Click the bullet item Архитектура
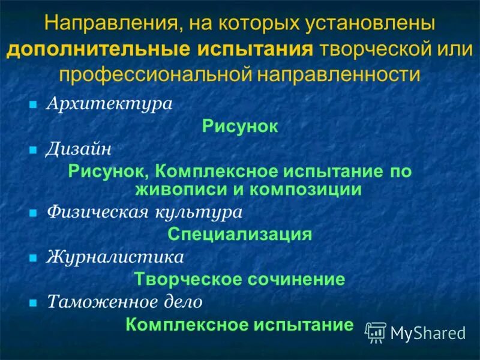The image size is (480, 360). (x=109, y=103)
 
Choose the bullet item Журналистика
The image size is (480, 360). (x=115, y=257)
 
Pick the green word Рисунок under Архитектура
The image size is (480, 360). (x=240, y=126)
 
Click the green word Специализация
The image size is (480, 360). (x=240, y=234)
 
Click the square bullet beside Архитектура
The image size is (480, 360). (x=34, y=104)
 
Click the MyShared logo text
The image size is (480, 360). (x=428, y=332)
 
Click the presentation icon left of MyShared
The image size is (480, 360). (x=376, y=332)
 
